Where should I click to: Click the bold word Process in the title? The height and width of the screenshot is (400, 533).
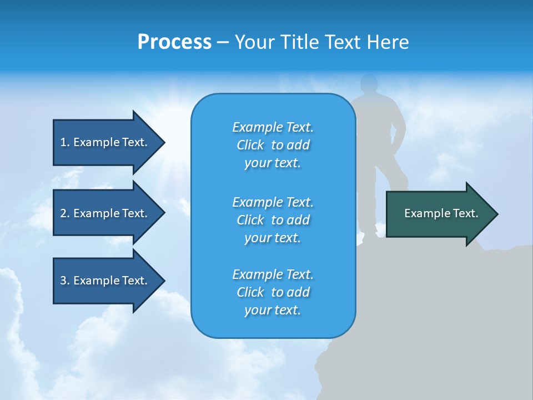coord(174,42)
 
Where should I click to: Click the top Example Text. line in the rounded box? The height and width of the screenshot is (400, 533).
coord(273,127)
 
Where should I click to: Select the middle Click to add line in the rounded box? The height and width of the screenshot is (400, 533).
coord(273,220)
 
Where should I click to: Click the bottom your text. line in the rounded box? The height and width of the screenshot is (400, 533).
coord(273,310)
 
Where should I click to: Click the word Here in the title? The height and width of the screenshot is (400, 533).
coord(390,42)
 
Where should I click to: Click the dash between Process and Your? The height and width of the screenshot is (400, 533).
coord(223,43)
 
